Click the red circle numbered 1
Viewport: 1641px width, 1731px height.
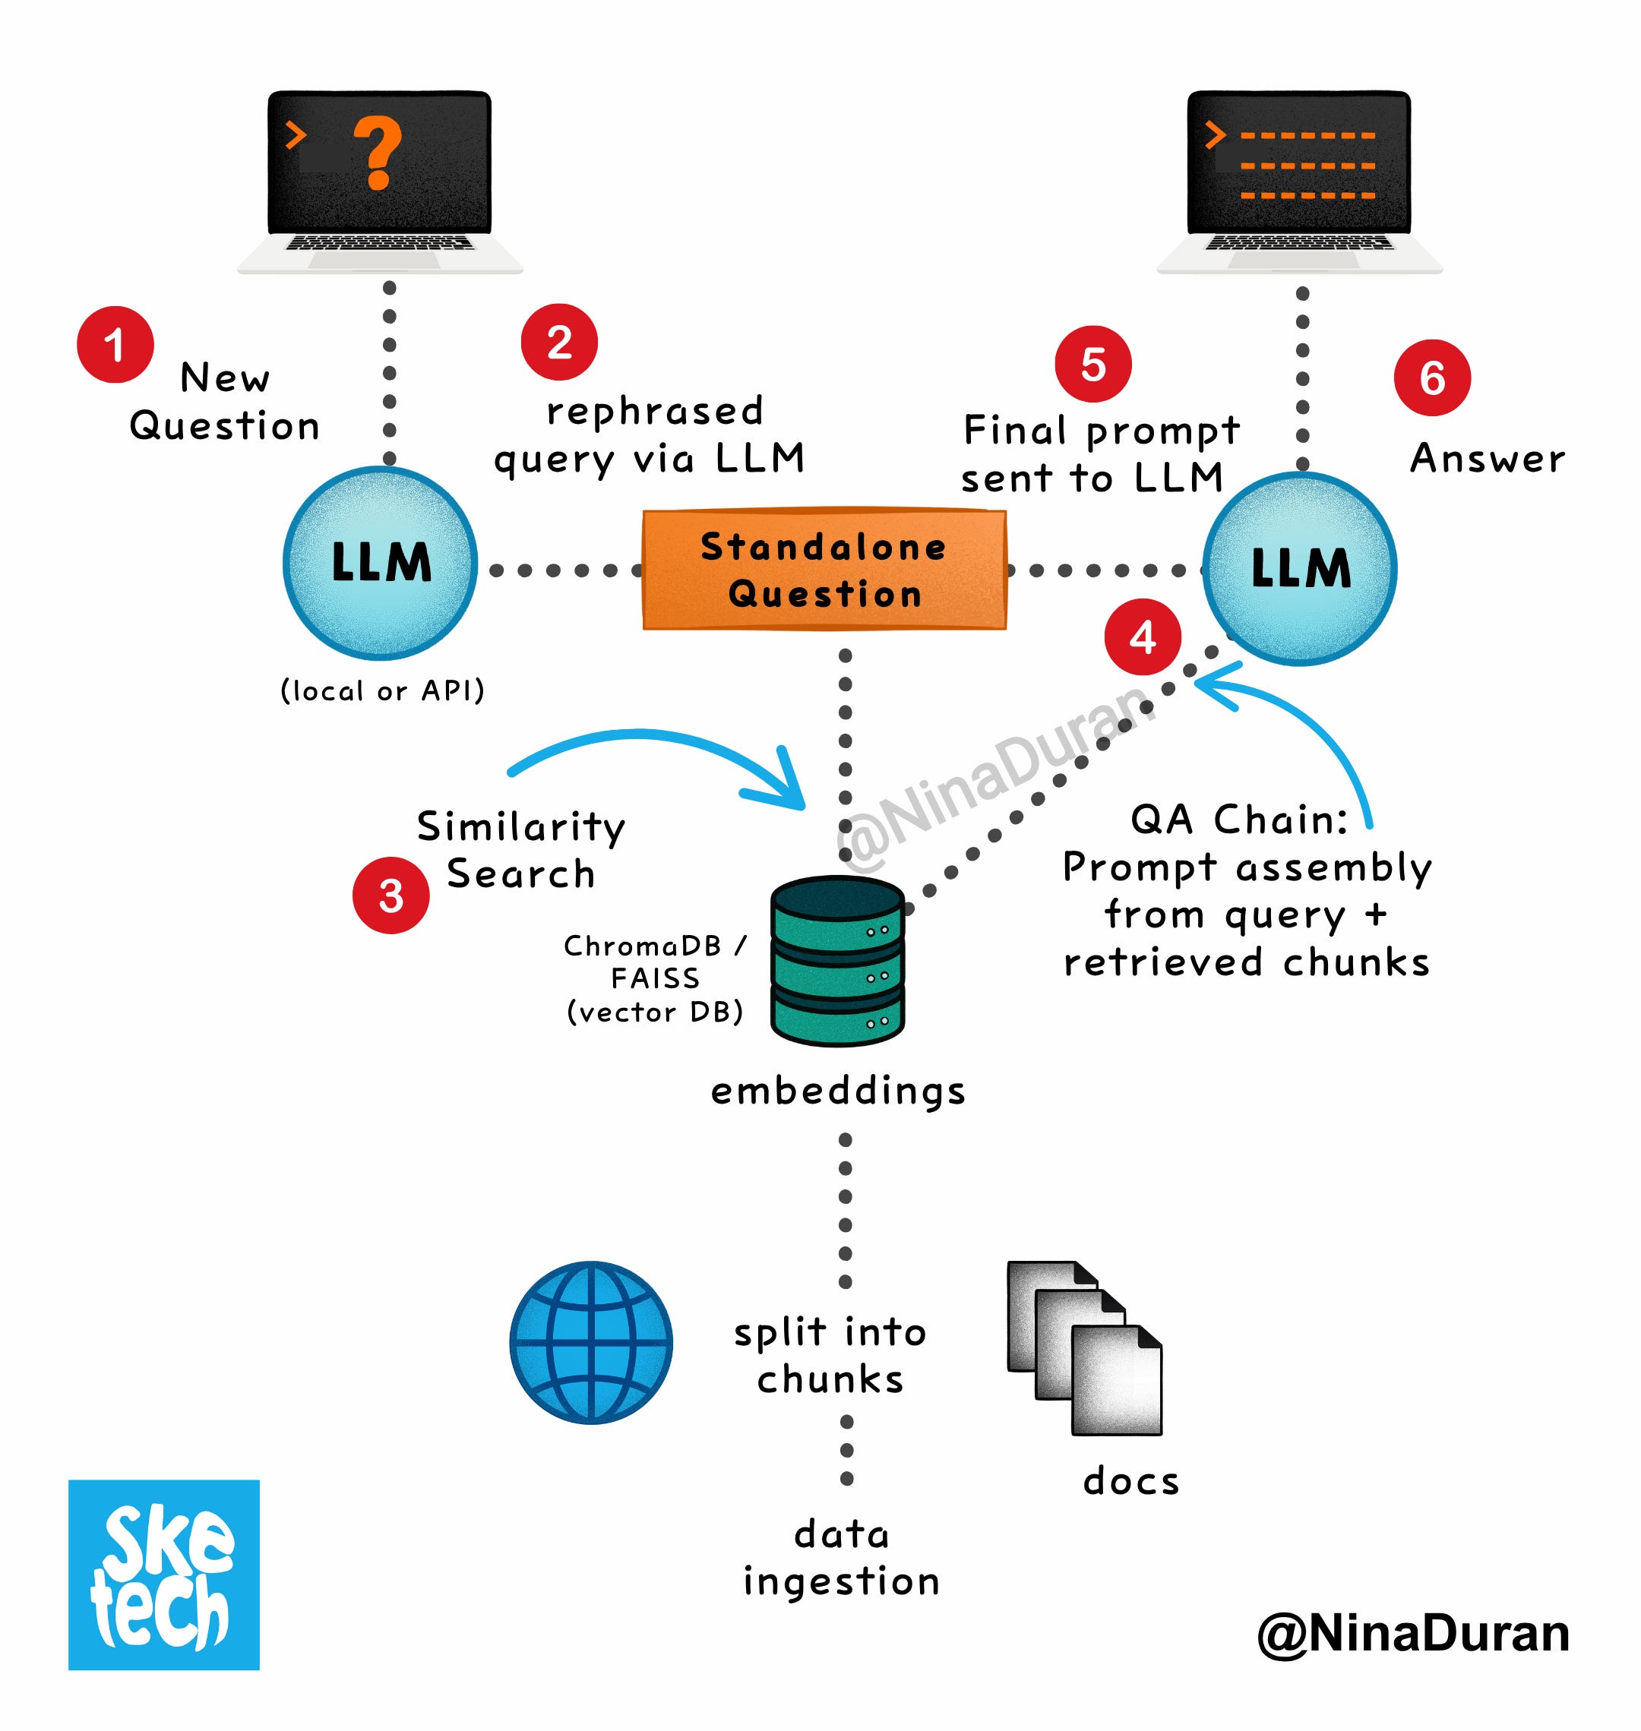[x=115, y=345]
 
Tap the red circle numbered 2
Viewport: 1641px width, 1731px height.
[x=559, y=342]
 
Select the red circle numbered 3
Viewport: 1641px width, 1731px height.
[x=390, y=895]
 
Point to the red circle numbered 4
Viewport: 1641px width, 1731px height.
[x=1143, y=636]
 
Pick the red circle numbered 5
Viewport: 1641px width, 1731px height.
[x=1092, y=364]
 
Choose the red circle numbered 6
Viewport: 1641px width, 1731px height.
[x=1432, y=377]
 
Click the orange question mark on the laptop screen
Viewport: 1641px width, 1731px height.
[x=378, y=154]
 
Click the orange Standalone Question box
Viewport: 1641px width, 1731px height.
[x=824, y=570]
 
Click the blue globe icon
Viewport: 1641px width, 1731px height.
[x=591, y=1342]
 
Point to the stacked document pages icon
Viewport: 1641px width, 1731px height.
[x=1085, y=1346]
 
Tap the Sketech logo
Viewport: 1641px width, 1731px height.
[x=163, y=1575]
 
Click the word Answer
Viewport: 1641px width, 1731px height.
[x=1487, y=458]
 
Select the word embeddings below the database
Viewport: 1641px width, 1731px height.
[x=838, y=1091]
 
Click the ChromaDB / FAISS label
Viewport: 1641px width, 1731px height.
[x=655, y=978]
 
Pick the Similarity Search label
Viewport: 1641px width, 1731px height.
[x=520, y=849]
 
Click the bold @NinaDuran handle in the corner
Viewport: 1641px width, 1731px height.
[x=1412, y=1633]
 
